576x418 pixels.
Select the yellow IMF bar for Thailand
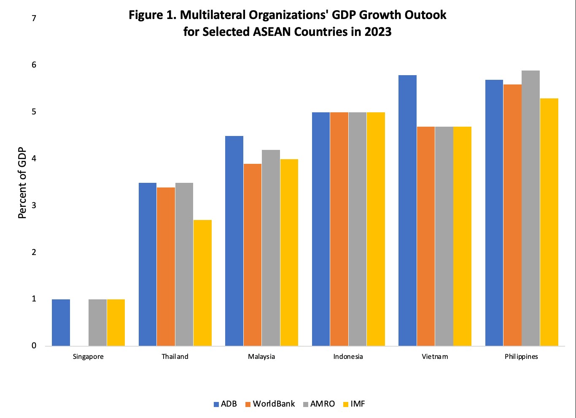coord(202,283)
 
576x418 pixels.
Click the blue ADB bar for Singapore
coord(61,323)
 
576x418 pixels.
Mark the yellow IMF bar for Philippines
coord(549,222)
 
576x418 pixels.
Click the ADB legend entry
coord(225,404)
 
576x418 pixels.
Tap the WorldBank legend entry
coord(270,404)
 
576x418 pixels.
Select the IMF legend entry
coord(354,404)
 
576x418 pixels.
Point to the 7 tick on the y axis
coord(34,18)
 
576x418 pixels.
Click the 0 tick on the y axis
coord(34,346)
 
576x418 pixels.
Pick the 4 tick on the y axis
coord(34,159)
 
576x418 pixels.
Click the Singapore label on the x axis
coord(88,357)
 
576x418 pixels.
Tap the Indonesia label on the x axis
coord(348,357)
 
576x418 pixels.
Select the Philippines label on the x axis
coord(521,357)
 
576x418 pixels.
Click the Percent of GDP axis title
coord(22,183)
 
